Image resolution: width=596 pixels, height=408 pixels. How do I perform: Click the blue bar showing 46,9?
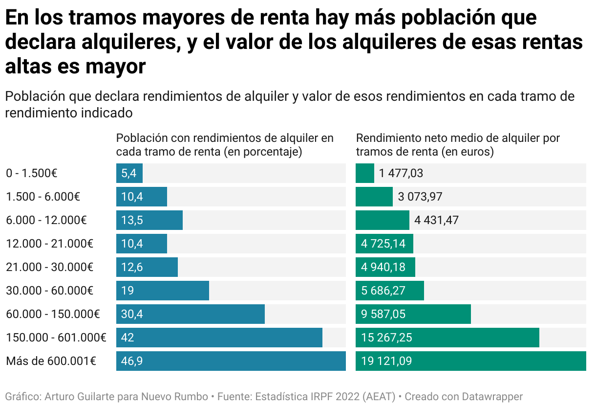coord(231,361)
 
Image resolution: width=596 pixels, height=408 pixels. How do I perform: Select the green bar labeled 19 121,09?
coord(470,361)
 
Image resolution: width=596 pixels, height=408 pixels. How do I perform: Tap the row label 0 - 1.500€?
coord(32,173)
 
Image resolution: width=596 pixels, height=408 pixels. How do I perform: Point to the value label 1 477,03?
coord(401,173)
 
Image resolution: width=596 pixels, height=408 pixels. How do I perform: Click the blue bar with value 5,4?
coord(129,173)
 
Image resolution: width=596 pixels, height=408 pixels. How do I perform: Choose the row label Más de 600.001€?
coord(51,361)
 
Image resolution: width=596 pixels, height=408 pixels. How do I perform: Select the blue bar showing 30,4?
coord(190,314)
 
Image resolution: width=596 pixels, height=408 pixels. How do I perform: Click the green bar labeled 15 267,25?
coord(447,338)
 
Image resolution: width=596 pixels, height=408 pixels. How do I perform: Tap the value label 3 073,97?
coord(420,197)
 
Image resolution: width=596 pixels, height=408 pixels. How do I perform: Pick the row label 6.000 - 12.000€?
coord(46,220)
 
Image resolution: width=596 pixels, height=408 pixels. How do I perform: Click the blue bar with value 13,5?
coord(149,220)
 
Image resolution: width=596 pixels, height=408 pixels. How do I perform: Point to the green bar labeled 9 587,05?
coord(413,314)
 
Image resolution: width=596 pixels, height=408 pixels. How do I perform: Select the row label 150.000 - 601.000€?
coord(56,338)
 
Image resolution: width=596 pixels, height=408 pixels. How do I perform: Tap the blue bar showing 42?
coord(219,338)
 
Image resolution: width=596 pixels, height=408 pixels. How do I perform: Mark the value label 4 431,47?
coord(436,220)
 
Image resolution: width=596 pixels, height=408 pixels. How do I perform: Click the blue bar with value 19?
coord(162,291)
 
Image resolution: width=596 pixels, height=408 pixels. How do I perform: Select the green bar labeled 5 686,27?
coord(389,291)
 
